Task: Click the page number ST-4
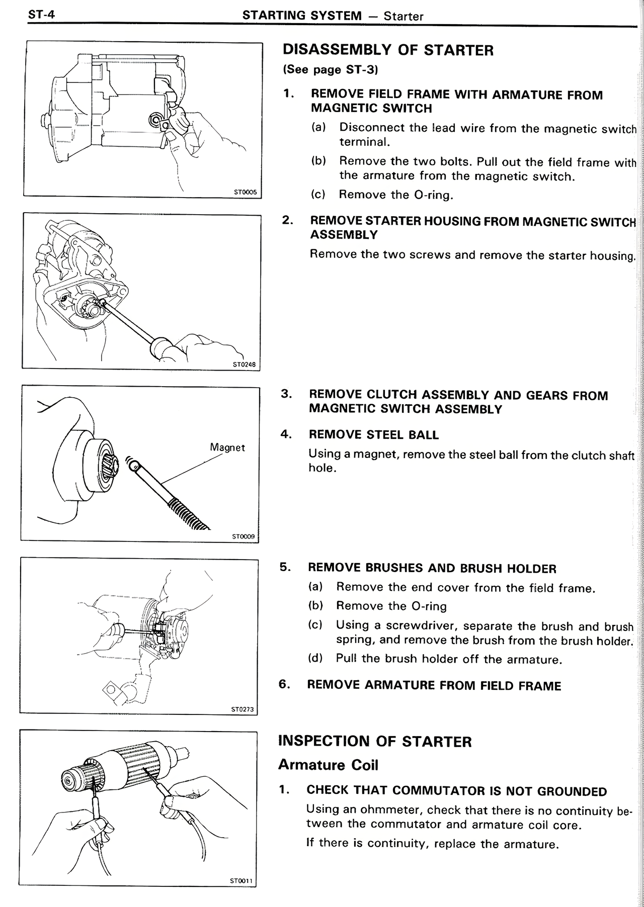[41, 15]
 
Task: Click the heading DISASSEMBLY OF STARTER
[388, 50]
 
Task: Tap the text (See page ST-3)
[330, 70]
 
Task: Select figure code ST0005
[245, 192]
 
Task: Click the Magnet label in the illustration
[227, 447]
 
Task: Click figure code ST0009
[244, 536]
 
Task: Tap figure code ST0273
[243, 709]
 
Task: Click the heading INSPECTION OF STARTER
[375, 742]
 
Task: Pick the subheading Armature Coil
[328, 765]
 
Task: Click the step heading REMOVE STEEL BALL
[373, 435]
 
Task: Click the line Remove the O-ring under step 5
[391, 606]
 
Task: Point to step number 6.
[284, 684]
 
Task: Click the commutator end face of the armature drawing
[67, 781]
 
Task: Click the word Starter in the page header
[403, 16]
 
